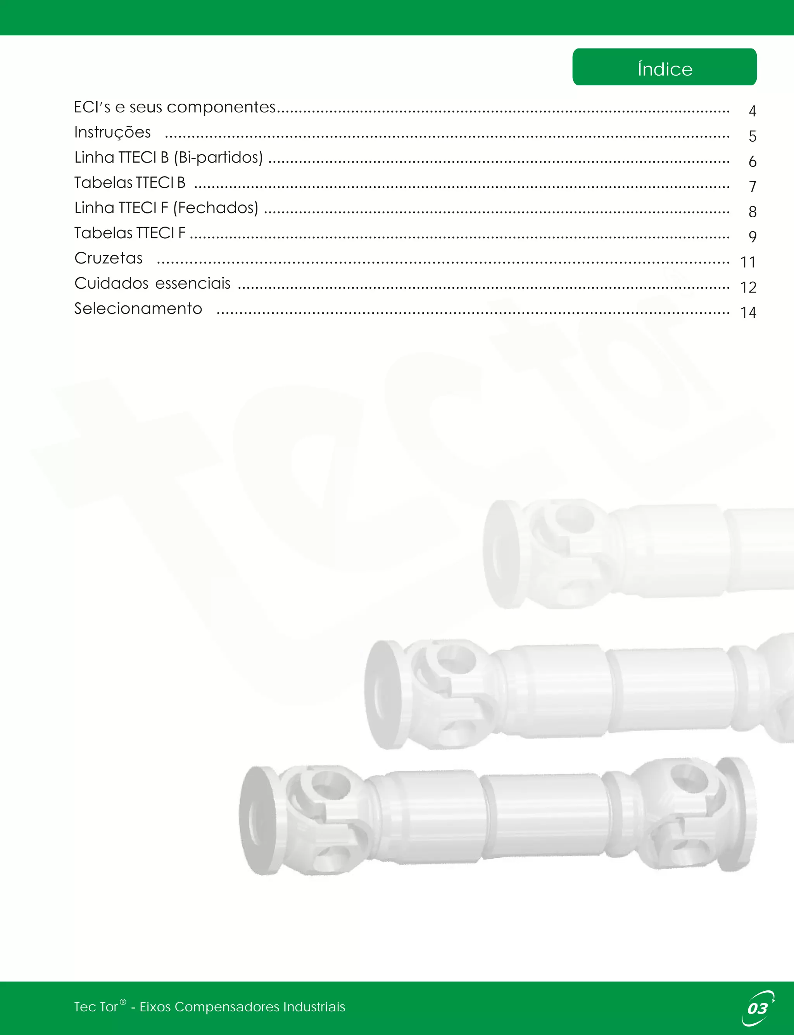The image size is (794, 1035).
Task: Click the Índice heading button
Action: [x=664, y=67]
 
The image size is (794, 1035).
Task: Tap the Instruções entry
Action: [x=112, y=132]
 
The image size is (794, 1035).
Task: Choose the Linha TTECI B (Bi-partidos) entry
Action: [x=168, y=158]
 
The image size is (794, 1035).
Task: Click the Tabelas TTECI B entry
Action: [x=129, y=183]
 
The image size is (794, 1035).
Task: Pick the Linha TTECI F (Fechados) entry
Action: [x=166, y=208]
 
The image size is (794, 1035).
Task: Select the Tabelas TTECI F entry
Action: [x=129, y=233]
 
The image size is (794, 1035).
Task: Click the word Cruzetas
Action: [x=108, y=258]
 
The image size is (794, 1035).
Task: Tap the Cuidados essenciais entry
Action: [x=152, y=283]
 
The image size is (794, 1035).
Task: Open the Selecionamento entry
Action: [x=138, y=309]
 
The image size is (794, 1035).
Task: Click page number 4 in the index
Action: [x=753, y=111]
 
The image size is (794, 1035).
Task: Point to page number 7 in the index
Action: [x=753, y=186]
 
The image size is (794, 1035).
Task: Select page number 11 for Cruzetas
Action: [x=748, y=262]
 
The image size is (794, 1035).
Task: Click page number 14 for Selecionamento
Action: [x=748, y=313]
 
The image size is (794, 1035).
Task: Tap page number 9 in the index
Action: [x=753, y=236]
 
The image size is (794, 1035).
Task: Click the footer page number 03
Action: [x=757, y=1009]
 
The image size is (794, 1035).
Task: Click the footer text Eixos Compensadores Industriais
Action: [x=242, y=1007]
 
